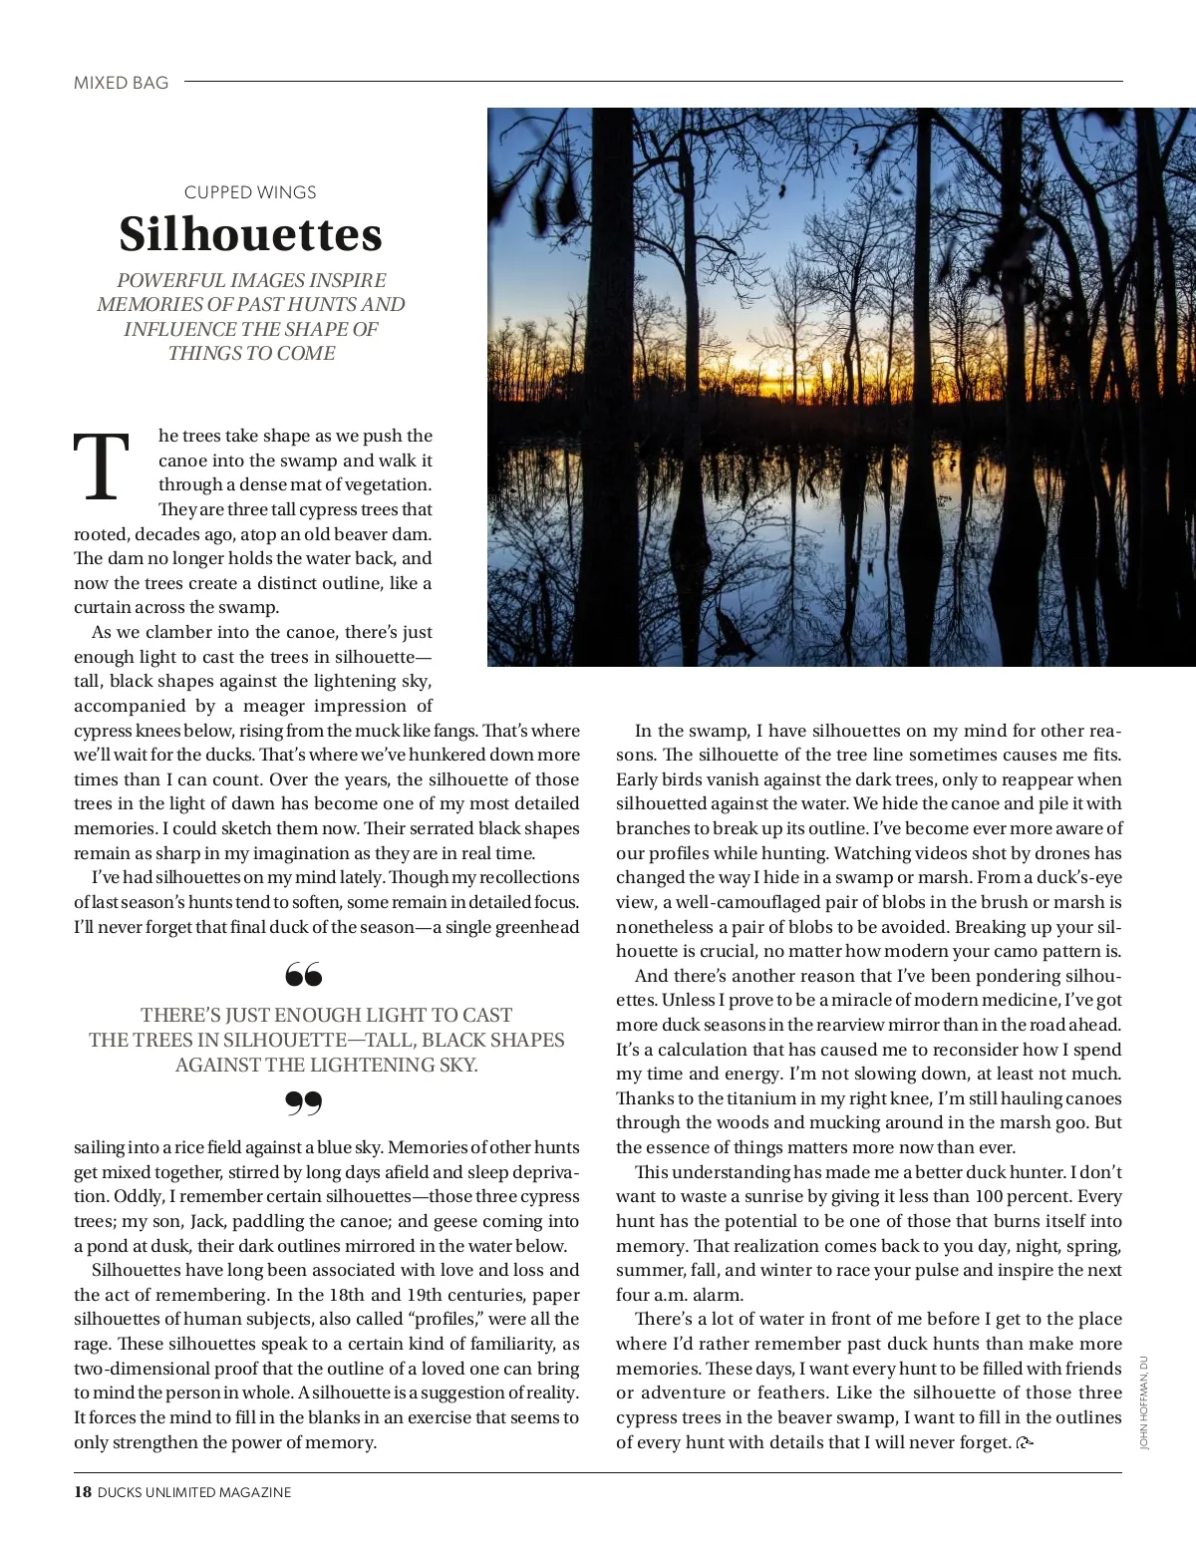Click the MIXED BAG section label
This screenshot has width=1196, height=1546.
pyautogui.click(x=121, y=83)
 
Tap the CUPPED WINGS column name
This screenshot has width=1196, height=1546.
pyautogui.click(x=250, y=192)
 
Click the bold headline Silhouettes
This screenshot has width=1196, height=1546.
pyautogui.click(x=251, y=234)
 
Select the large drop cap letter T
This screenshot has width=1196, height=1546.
pyautogui.click(x=102, y=468)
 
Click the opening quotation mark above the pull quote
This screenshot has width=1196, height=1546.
pyautogui.click(x=303, y=974)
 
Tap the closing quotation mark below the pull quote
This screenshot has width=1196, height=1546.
pyautogui.click(x=303, y=1102)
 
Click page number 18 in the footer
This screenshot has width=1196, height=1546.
pyautogui.click(x=83, y=1492)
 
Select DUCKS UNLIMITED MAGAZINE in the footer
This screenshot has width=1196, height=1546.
pyautogui.click(x=194, y=1492)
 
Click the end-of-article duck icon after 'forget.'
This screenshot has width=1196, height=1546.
pyautogui.click(x=1025, y=1442)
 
